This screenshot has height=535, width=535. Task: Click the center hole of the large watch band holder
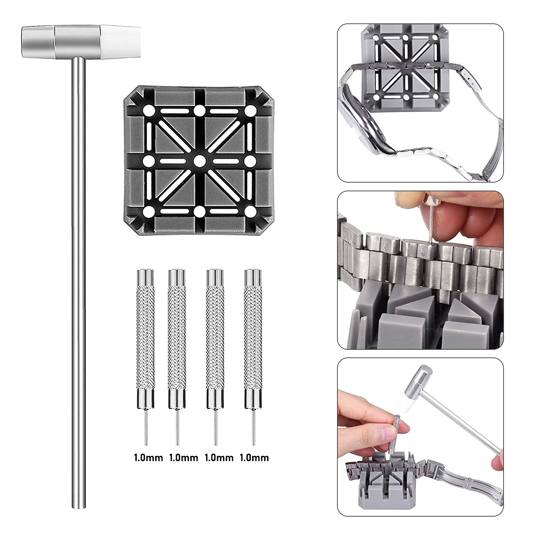click(199, 161)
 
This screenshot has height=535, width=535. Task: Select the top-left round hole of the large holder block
click(148, 110)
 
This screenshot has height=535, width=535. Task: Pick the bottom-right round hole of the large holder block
click(250, 211)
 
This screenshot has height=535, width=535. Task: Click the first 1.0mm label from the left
click(148, 457)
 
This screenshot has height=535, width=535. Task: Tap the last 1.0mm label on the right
click(254, 457)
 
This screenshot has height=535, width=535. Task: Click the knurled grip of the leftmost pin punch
click(145, 338)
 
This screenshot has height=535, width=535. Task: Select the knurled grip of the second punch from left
click(177, 338)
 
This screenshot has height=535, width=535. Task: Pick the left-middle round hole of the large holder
click(148, 161)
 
